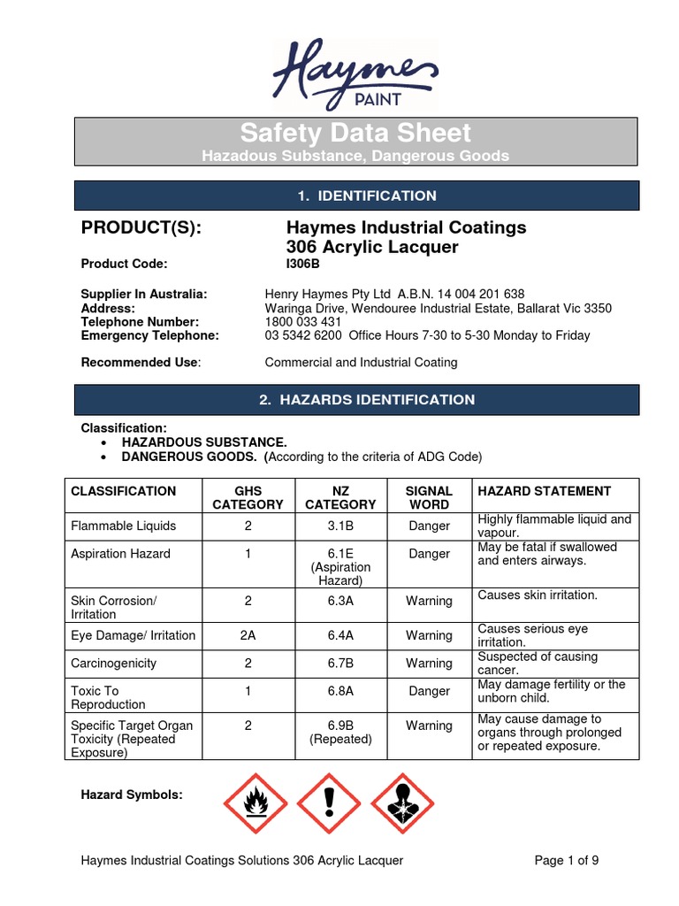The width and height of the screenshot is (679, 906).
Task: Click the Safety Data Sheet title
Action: [x=355, y=134]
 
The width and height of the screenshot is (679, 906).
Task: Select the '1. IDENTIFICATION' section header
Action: [x=355, y=196]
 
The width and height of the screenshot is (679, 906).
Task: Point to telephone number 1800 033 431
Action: [x=303, y=322]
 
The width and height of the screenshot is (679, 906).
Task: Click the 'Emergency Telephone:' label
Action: [x=149, y=336]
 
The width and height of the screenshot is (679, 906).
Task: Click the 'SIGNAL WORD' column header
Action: [x=429, y=497]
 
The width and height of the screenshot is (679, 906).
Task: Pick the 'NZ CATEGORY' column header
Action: [x=340, y=497]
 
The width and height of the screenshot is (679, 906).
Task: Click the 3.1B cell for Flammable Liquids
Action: [x=340, y=526]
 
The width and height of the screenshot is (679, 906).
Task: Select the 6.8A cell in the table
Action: [x=340, y=691]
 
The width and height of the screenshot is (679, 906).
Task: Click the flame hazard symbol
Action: [x=255, y=803]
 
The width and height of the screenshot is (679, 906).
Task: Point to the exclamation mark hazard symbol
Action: [x=329, y=803]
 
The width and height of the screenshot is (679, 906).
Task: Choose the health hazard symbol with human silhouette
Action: [x=402, y=803]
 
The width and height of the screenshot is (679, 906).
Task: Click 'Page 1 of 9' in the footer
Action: [x=573, y=860]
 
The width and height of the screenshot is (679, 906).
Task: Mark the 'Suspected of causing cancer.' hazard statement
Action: [x=538, y=664]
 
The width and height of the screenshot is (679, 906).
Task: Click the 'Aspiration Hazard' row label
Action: [x=120, y=554]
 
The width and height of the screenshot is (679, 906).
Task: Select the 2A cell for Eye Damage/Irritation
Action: [x=248, y=635]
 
